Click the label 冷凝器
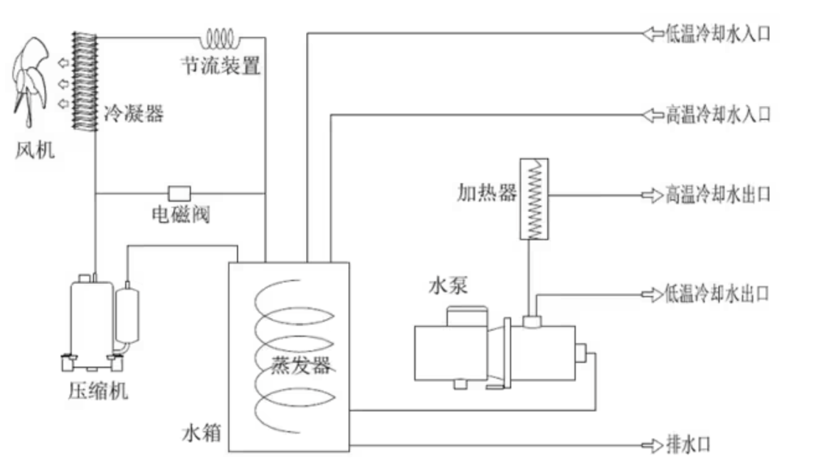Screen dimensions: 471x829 [134, 114]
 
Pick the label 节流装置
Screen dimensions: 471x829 [221, 66]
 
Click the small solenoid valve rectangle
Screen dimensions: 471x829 [179, 193]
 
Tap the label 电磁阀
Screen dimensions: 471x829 [181, 217]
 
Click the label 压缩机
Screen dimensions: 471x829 [98, 392]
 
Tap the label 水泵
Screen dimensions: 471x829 [448, 286]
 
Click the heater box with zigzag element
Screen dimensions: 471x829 [534, 199]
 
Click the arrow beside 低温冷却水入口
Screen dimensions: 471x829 [652, 34]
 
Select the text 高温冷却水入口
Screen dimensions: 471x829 [718, 115]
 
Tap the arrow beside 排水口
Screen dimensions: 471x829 [652, 445]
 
